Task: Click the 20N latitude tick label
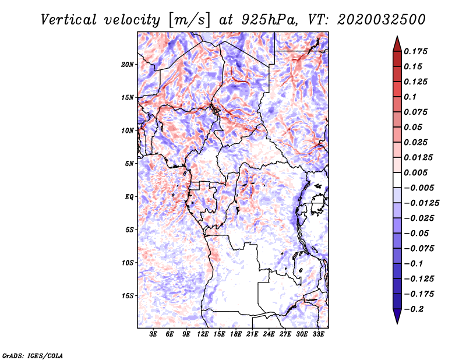pos(128,64)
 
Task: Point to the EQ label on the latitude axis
pos(130,196)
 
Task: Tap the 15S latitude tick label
pos(128,295)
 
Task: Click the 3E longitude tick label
pos(153,334)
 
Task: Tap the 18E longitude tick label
pos(236,334)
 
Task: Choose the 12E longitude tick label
pos(203,334)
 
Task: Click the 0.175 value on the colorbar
pos(417,51)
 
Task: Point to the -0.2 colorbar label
pos(416,308)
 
